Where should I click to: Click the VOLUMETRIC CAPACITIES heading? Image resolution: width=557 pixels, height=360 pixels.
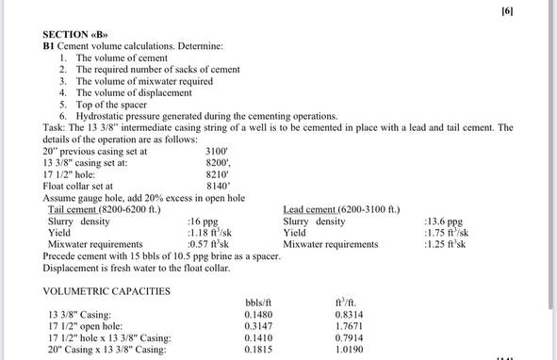pyautogui.click(x=106, y=291)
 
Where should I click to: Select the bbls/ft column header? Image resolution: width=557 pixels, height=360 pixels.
pyautogui.click(x=257, y=303)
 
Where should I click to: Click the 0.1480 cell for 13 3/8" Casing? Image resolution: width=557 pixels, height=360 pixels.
pyautogui.click(x=257, y=315)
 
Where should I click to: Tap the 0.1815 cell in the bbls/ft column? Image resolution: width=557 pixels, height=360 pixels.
pyautogui.click(x=257, y=350)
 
